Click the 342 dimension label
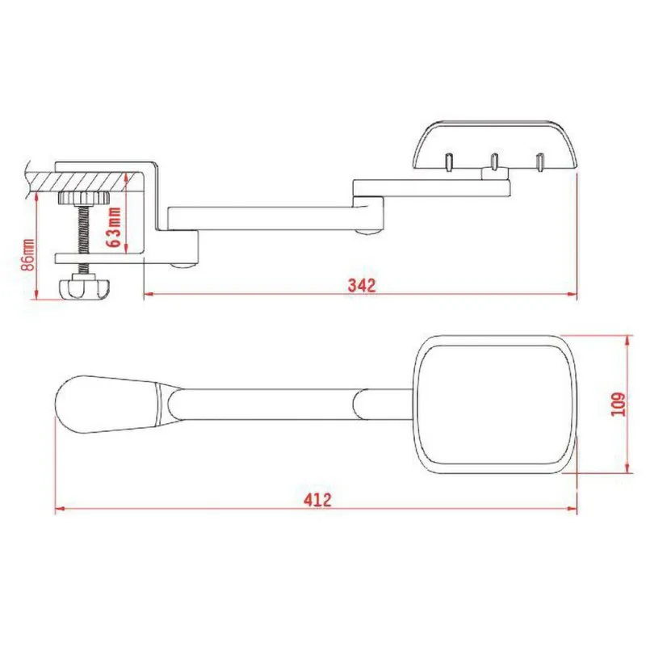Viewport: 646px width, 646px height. click(x=362, y=285)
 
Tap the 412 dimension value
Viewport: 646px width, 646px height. click(x=317, y=500)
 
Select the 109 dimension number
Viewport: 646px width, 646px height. click(x=618, y=405)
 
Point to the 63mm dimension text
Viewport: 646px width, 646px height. click(x=114, y=227)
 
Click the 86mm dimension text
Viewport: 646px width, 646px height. click(x=29, y=254)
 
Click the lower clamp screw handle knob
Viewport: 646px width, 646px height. click(x=85, y=287)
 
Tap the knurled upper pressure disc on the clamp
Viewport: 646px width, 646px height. click(x=84, y=199)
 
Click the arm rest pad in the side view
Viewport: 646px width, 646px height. click(x=494, y=145)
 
